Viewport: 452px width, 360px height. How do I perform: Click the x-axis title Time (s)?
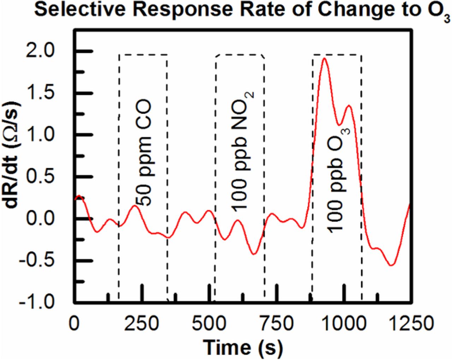tap(243, 347)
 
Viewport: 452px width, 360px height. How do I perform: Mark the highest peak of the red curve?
tap(324, 58)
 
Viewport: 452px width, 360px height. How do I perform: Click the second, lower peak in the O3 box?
tap(349, 105)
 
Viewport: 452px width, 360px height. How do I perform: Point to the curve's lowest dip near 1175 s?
tap(391, 265)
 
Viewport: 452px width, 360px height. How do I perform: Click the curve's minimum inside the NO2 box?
tap(254, 254)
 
